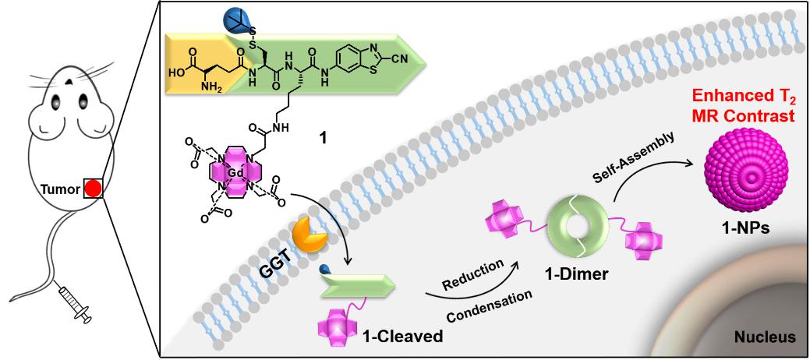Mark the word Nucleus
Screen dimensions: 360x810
[x=766, y=337]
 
